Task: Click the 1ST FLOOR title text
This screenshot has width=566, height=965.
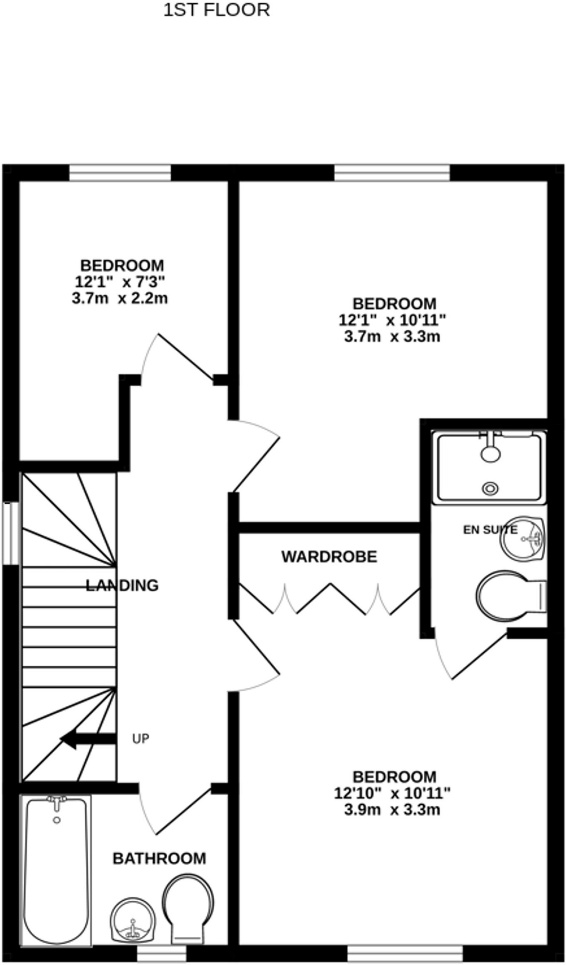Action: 216,10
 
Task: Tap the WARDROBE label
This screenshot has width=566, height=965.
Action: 329,557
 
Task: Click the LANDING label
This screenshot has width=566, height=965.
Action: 122,586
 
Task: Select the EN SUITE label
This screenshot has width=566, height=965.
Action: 490,530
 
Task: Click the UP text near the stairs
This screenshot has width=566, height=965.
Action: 140,739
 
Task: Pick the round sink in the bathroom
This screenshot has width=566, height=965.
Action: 132,918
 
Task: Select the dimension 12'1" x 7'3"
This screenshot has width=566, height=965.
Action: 120,282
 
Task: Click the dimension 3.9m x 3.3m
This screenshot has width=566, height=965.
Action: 392,810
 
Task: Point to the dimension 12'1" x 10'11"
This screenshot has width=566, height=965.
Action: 392,320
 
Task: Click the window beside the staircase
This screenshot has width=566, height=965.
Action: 10,533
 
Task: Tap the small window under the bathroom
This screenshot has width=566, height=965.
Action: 161,954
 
